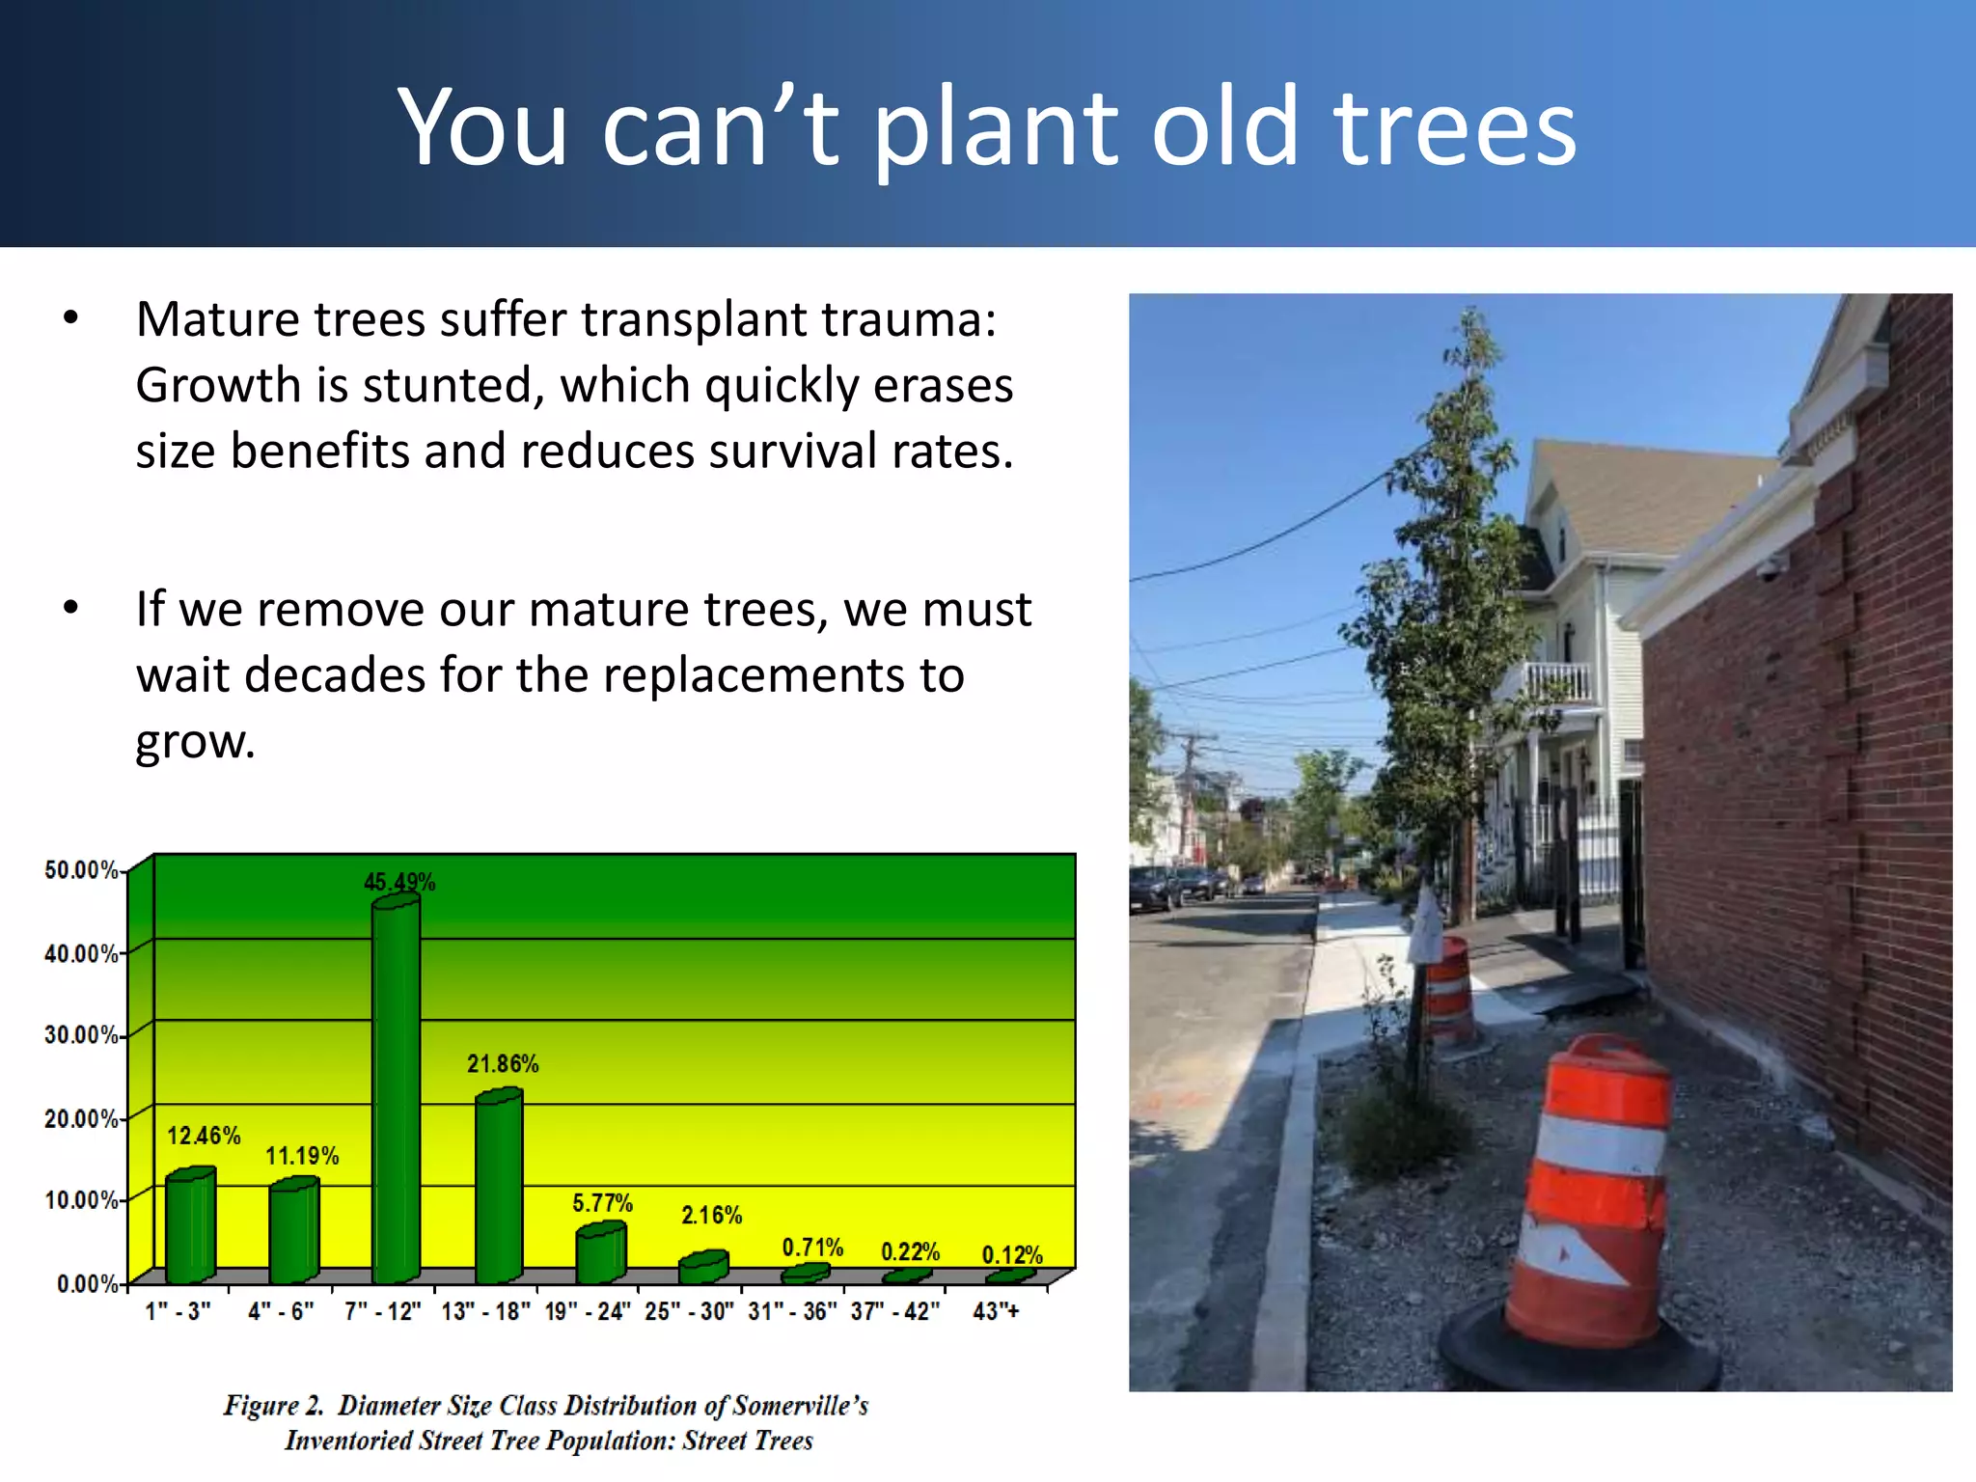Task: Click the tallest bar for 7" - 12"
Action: point(396,1090)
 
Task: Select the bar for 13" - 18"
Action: point(499,1187)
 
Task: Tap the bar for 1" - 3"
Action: point(190,1225)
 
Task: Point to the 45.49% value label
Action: point(398,882)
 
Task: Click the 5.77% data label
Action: point(602,1203)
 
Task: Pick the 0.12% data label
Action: point(1011,1255)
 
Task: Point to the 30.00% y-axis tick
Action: point(81,1035)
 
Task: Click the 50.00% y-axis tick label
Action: point(81,870)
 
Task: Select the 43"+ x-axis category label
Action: point(996,1311)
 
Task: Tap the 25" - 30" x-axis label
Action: point(689,1311)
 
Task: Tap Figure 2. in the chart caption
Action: point(273,1405)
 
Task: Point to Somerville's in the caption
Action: point(801,1405)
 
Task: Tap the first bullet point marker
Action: point(70,319)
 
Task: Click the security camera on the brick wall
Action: point(1767,569)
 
